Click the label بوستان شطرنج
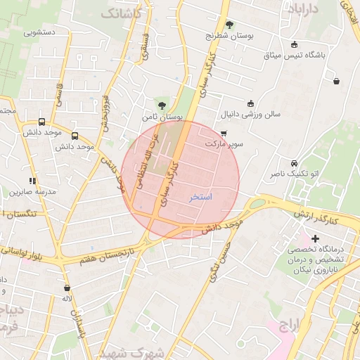[229, 34]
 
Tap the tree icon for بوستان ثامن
[162, 105]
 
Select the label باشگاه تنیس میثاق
[293, 55]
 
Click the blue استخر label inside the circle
[201, 197]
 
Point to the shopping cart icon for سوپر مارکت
[224, 133]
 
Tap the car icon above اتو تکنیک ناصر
[294, 162]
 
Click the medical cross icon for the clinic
[316, 240]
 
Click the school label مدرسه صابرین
[27, 191]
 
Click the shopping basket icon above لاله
[67, 288]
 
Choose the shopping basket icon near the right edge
[337, 82]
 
